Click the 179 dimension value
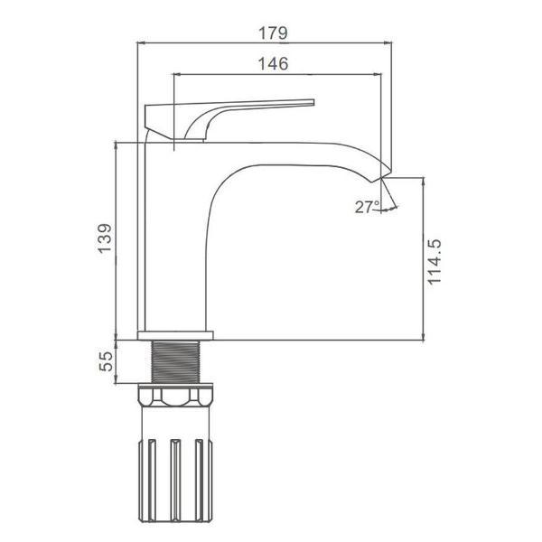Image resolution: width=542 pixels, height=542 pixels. [x=273, y=33]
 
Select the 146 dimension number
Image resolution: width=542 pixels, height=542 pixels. [x=273, y=64]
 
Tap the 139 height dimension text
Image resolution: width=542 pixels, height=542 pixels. [x=105, y=238]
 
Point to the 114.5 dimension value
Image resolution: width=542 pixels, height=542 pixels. [x=435, y=262]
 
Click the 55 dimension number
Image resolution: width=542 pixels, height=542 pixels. [x=106, y=361]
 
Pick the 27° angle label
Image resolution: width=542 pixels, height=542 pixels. [x=367, y=207]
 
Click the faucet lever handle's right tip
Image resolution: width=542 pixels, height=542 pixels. [x=313, y=102]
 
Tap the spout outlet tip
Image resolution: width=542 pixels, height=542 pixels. [x=381, y=177]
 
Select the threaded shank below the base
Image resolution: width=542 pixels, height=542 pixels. [x=176, y=361]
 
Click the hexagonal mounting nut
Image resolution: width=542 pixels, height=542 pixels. [x=176, y=396]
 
